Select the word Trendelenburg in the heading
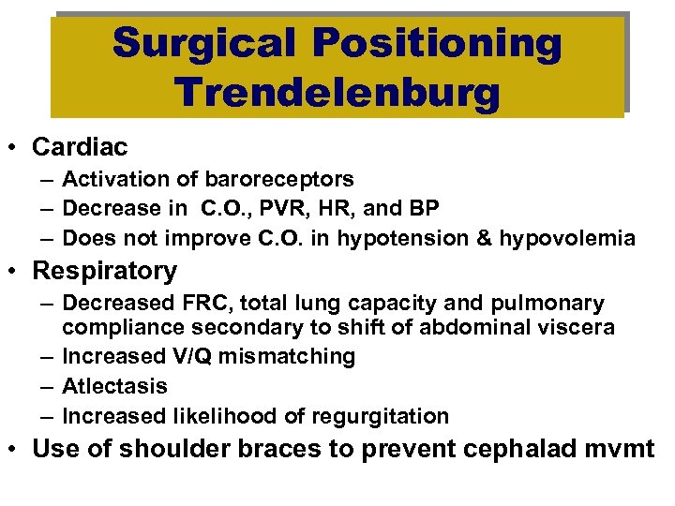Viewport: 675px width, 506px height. [337, 93]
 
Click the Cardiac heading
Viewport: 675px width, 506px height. [80, 147]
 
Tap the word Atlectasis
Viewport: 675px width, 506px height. [114, 386]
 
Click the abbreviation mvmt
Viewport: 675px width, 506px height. [624, 449]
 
